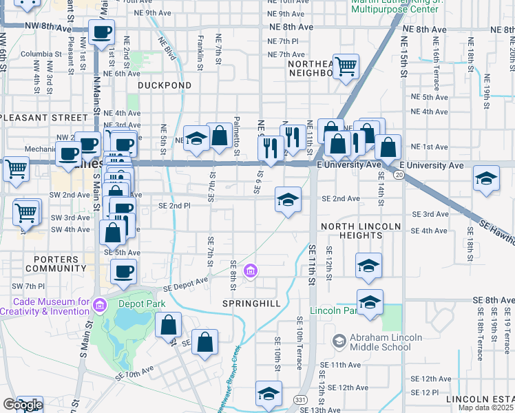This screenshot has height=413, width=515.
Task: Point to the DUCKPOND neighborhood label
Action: [164, 85]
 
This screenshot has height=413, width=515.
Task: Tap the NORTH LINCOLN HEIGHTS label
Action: [361, 231]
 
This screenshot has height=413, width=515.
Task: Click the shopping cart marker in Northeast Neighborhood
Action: [346, 66]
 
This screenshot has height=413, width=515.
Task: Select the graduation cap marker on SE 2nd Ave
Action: [288, 200]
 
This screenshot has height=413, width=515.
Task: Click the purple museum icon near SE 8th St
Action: [251, 270]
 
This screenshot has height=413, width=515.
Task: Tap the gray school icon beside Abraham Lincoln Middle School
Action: [338, 341]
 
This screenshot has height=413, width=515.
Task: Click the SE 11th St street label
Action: [311, 265]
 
